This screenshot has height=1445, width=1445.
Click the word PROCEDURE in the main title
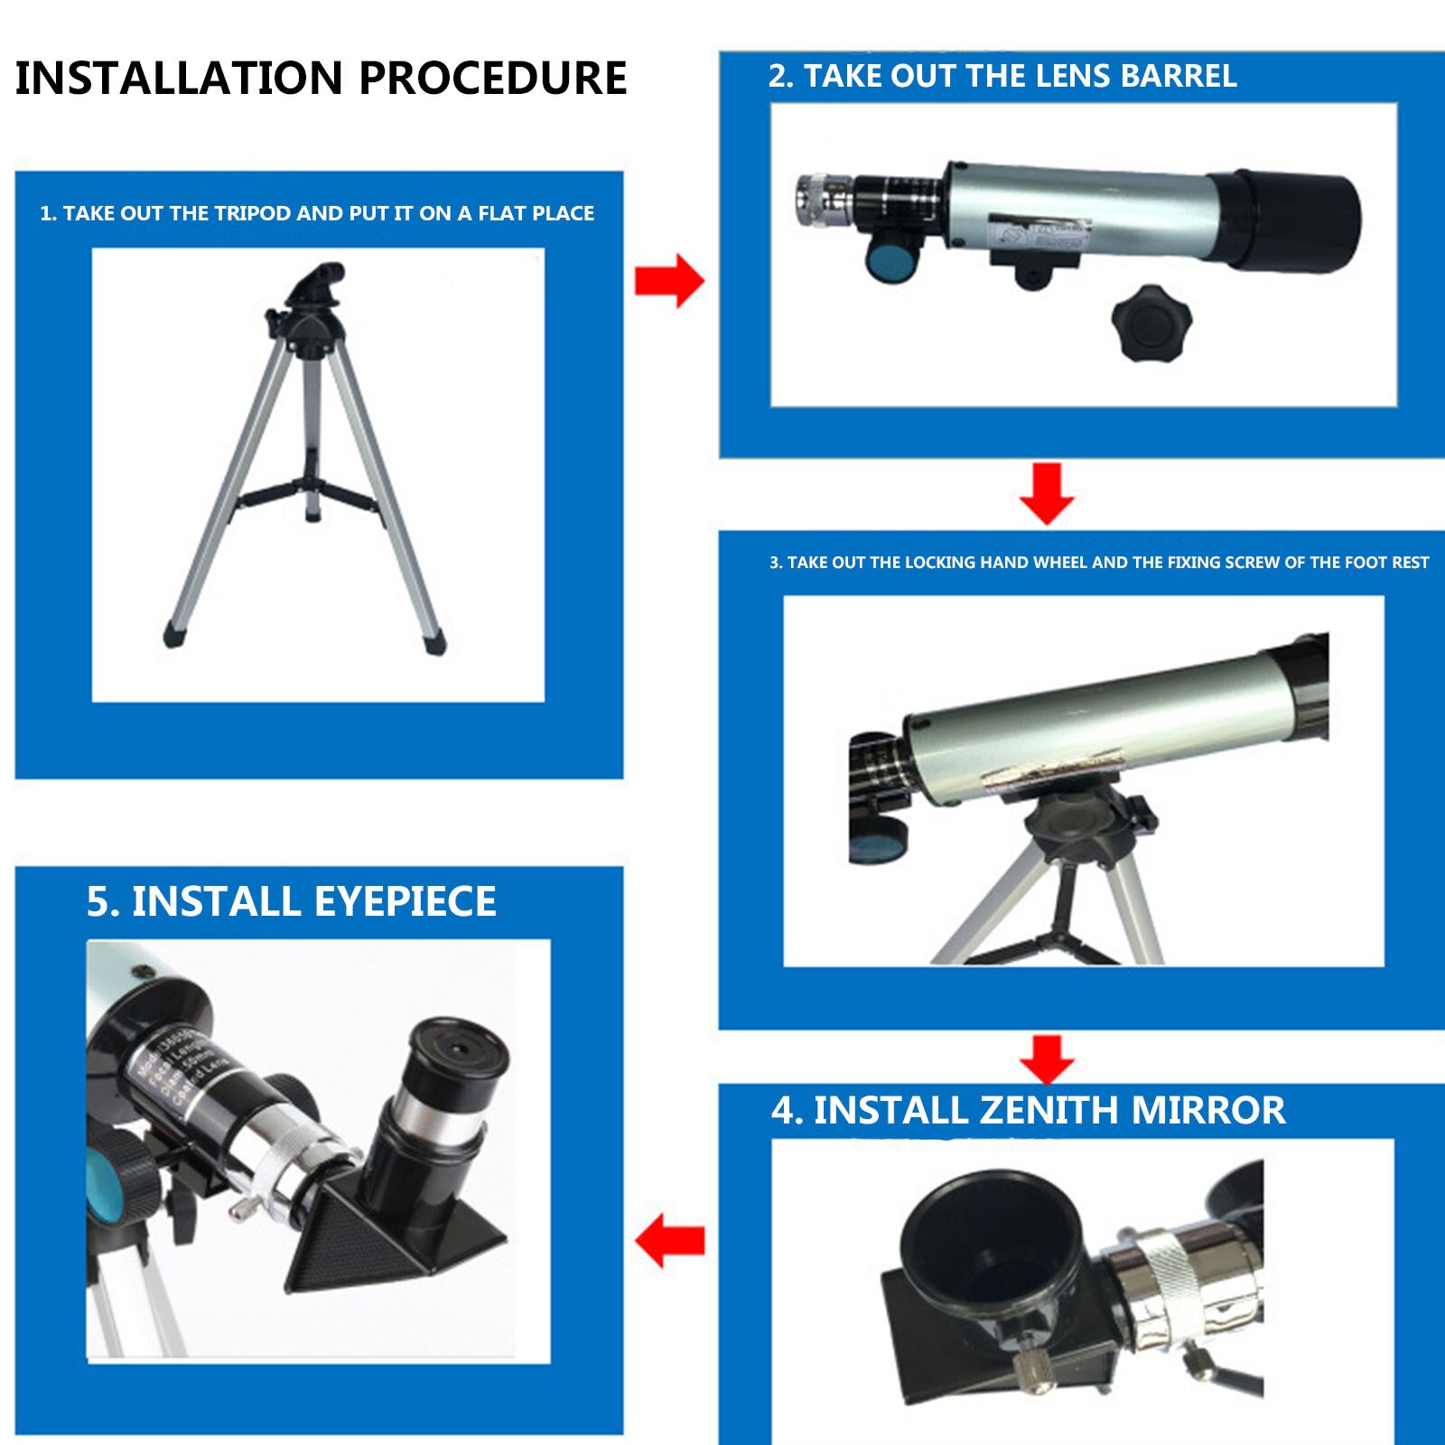point(493,78)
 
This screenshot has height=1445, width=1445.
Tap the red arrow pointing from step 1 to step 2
point(669,281)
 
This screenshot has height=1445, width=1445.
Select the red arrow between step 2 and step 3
point(1047,493)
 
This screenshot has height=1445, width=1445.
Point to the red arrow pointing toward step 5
point(669,1240)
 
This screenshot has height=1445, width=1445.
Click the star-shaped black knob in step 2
point(1151,322)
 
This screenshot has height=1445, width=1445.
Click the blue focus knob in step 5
point(107,1181)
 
